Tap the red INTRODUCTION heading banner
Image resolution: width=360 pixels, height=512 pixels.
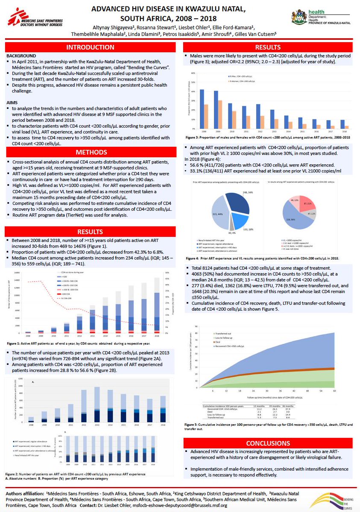tap(90, 47)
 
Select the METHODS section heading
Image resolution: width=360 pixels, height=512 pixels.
tap(90, 152)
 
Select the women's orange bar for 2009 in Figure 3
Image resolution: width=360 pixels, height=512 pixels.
tap(220, 114)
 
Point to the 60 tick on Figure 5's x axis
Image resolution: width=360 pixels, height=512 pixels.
tap(334, 391)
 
